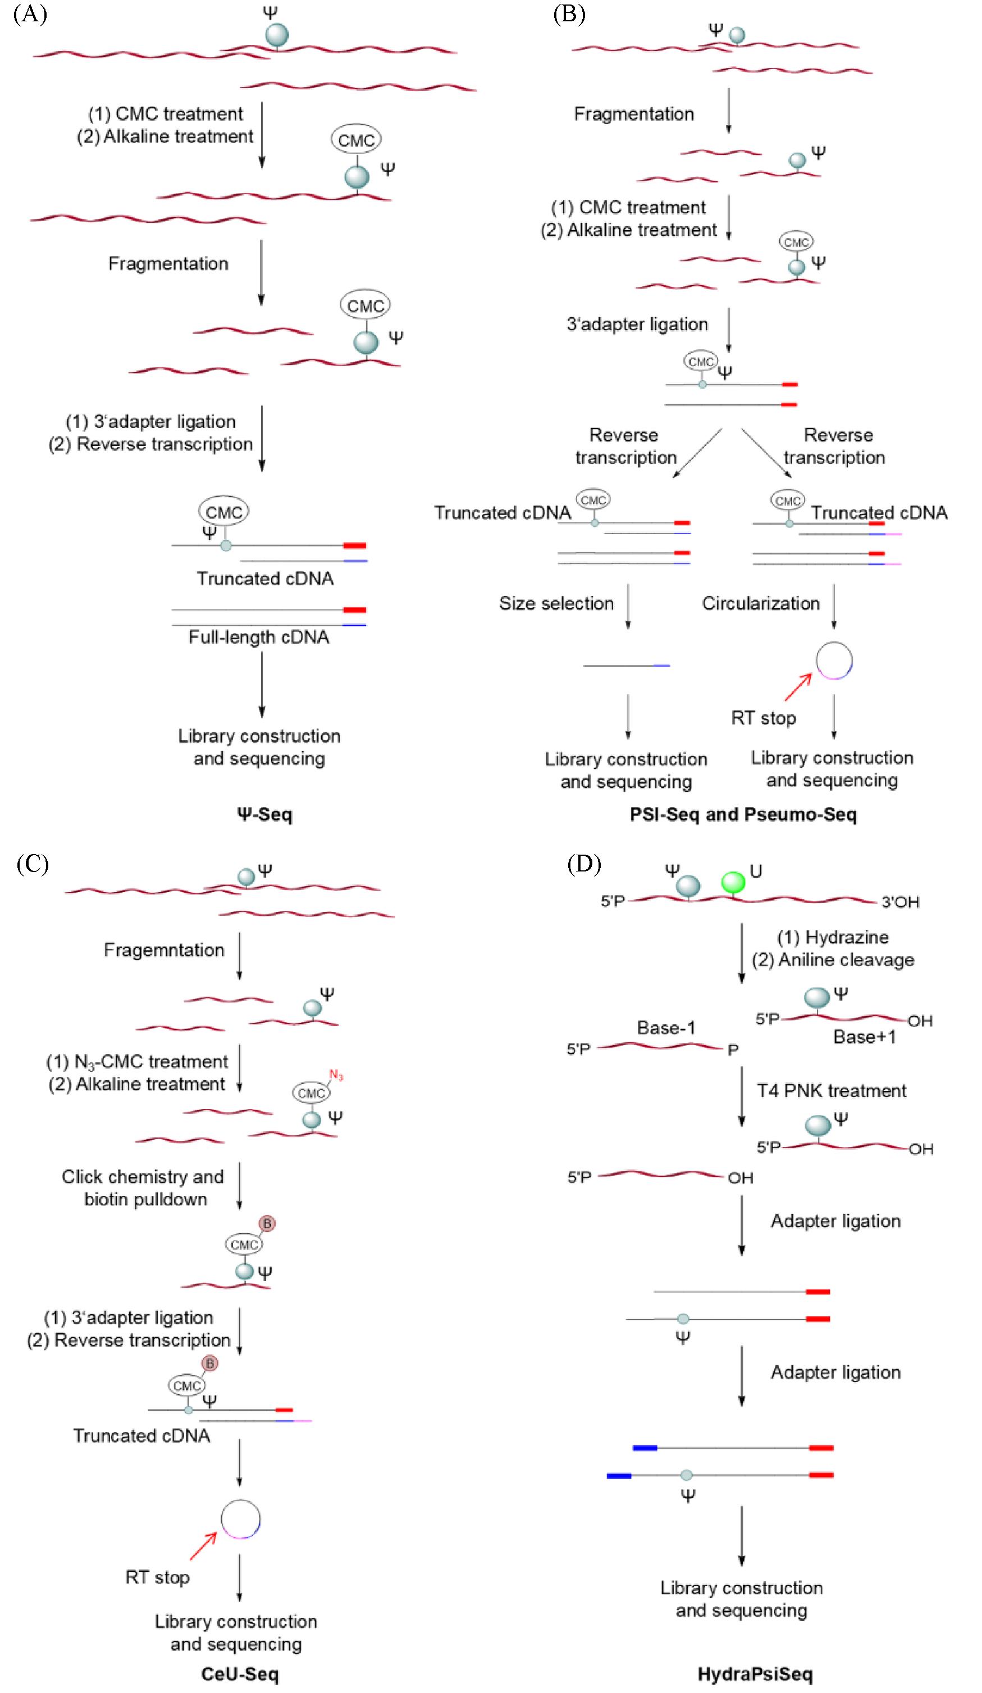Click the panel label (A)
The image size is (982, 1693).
30,14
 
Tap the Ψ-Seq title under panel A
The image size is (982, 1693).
264,814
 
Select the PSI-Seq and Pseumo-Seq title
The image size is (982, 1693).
743,814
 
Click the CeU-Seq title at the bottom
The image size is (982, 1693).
239,1673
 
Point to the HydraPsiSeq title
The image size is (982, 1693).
755,1673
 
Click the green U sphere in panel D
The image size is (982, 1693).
733,882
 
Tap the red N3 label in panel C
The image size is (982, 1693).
336,1076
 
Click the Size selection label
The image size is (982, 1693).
556,603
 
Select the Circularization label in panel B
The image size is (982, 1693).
760,603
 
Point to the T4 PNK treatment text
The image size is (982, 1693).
832,1090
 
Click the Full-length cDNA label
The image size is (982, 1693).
259,637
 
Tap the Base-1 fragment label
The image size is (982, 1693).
665,1028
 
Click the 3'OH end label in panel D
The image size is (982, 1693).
900,902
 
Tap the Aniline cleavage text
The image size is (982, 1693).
846,960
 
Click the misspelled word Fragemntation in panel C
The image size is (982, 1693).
163,950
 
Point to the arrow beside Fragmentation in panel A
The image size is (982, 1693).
262,272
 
